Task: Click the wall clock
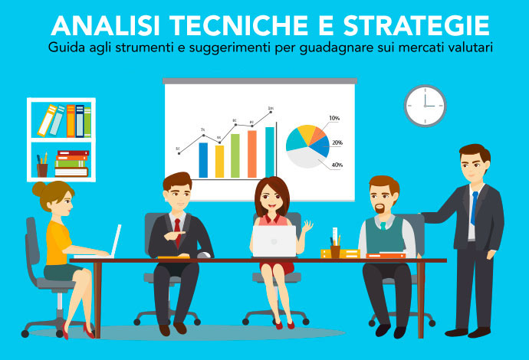425,105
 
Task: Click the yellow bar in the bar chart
219,160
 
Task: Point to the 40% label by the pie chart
337,165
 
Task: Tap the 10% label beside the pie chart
334,118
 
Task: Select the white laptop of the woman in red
274,241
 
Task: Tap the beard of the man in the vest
381,210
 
